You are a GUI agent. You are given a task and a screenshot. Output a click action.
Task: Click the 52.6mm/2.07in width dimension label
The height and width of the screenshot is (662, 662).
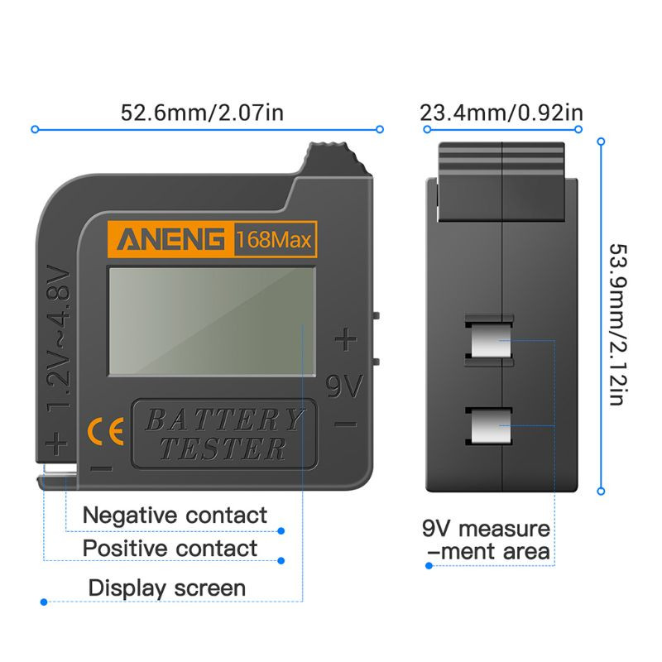(203, 112)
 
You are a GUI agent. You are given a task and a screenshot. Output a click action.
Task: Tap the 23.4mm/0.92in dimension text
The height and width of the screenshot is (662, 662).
(501, 112)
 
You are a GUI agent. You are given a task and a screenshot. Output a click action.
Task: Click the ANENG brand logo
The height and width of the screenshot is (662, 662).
(170, 241)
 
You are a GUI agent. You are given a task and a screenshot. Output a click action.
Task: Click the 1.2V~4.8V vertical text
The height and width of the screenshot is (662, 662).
(60, 339)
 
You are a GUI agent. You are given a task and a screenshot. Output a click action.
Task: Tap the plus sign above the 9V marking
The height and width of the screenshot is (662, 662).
(346, 339)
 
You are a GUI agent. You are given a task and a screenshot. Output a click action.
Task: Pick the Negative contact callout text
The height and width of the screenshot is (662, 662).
(175, 515)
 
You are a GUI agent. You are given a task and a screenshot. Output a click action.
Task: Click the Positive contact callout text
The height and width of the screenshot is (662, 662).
(170, 548)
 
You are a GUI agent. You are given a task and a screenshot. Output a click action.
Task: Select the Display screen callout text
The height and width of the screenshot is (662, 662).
(167, 588)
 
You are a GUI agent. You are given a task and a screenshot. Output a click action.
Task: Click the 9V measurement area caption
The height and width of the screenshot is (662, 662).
(487, 540)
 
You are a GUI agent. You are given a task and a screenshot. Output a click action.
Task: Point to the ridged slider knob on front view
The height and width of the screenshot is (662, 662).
(333, 159)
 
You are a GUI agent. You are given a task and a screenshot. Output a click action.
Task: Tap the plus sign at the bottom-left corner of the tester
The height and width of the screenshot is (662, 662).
(56, 444)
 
